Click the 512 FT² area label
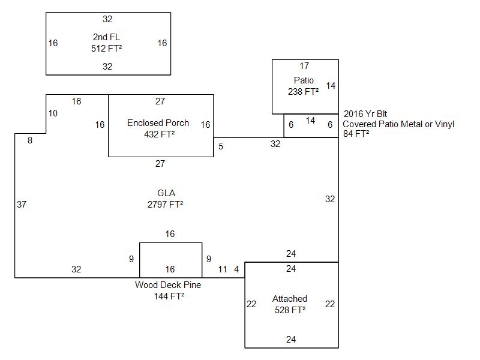pyautogui.click(x=107, y=48)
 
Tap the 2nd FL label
pyautogui.click(x=107, y=37)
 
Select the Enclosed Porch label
pyautogui.click(x=158, y=123)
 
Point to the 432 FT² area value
pyautogui.click(x=160, y=134)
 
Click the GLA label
pyautogui.click(x=166, y=193)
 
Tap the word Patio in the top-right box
pyautogui.click(x=304, y=80)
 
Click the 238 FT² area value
pyautogui.click(x=304, y=92)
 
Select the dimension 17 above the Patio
pyautogui.click(x=304, y=65)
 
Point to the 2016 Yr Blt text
pyautogui.click(x=365, y=113)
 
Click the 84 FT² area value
pyautogui.click(x=356, y=134)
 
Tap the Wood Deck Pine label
pyautogui.click(x=168, y=285)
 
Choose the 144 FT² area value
pyautogui.click(x=169, y=296)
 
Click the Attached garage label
pyautogui.click(x=290, y=299)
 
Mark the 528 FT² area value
pyautogui.click(x=290, y=310)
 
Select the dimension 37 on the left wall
pyautogui.click(x=22, y=205)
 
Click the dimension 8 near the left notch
pyautogui.click(x=30, y=140)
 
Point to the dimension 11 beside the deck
pyautogui.click(x=223, y=269)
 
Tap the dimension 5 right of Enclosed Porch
pyautogui.click(x=221, y=146)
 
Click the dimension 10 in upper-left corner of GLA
pyautogui.click(x=53, y=113)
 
